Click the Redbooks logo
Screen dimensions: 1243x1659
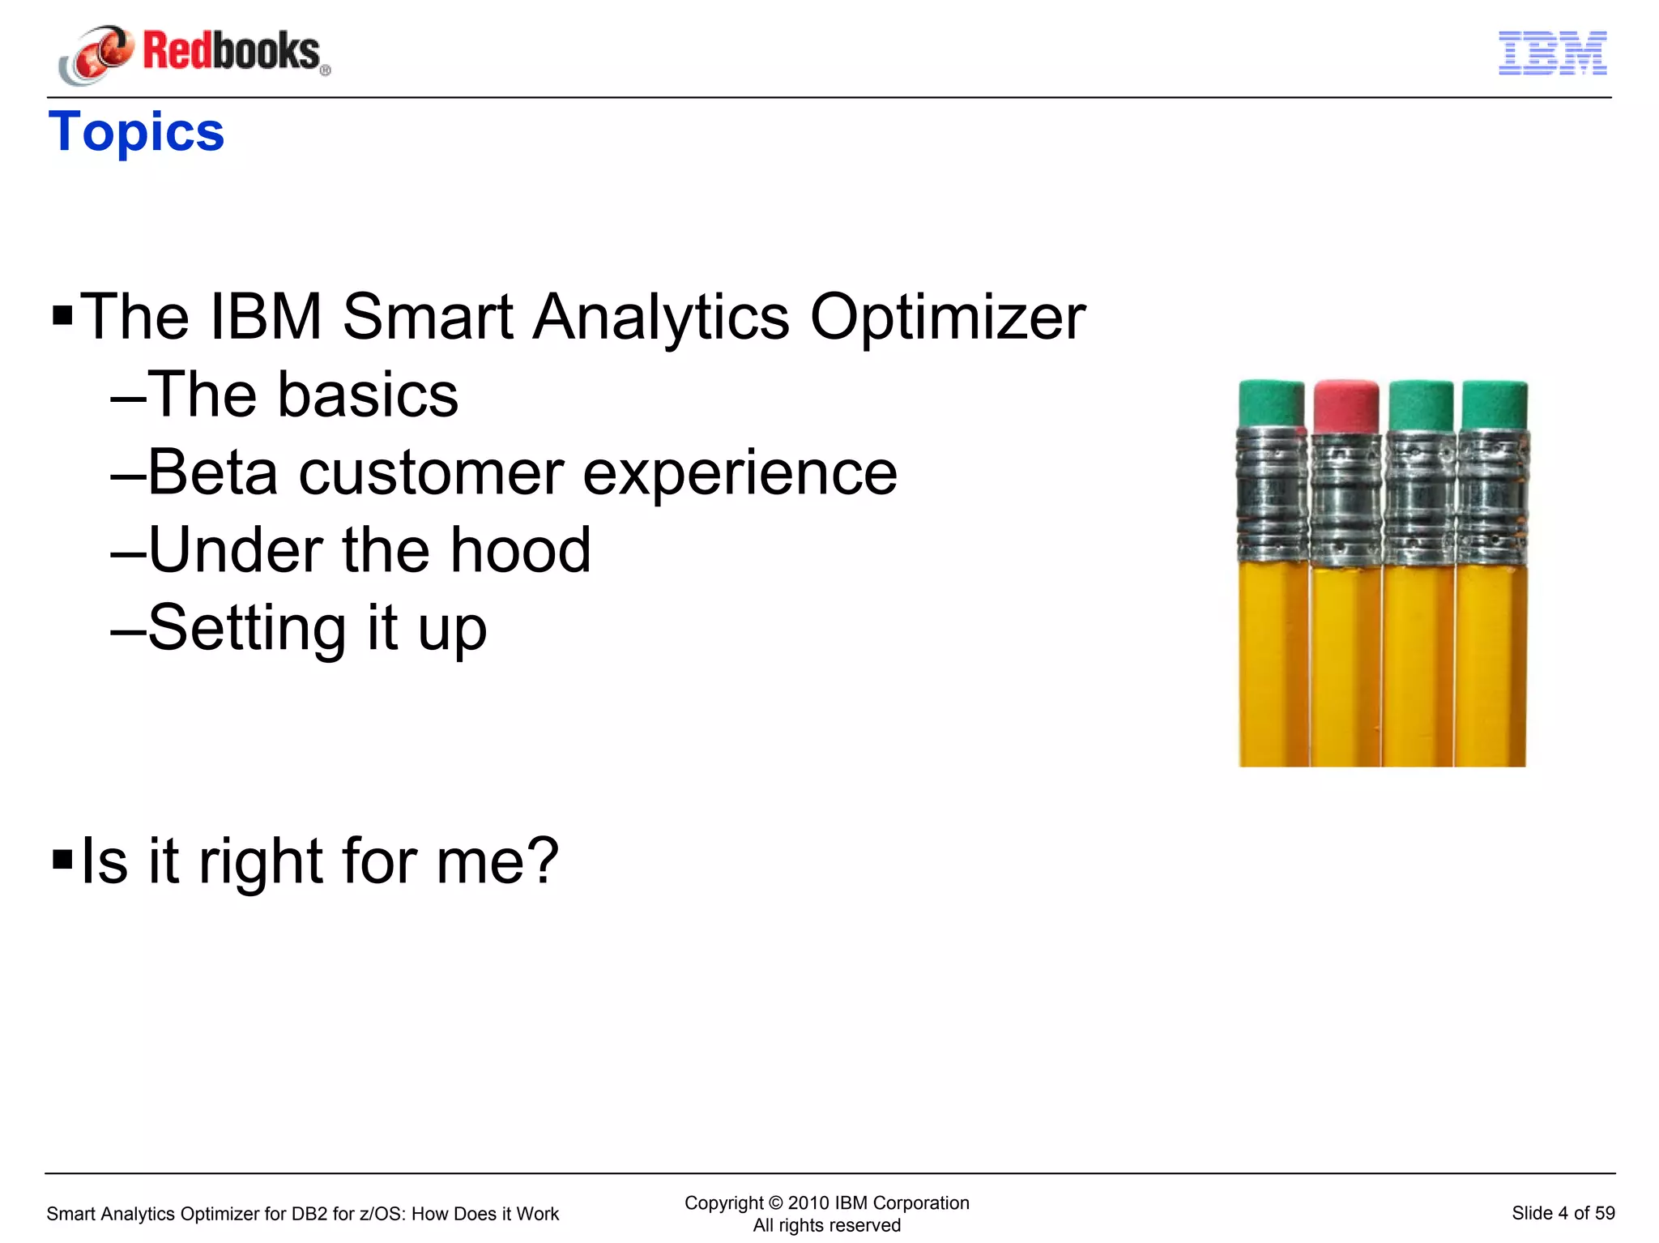tap(194, 53)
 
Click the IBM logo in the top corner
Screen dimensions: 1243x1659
tap(1552, 53)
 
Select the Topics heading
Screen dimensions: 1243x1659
tap(136, 132)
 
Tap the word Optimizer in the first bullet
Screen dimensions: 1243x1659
tap(947, 317)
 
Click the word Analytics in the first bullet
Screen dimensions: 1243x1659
tap(660, 317)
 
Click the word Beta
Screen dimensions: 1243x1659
tap(212, 472)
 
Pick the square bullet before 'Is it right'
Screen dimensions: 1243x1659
tap(62, 858)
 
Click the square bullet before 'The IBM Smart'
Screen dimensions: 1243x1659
tap(62, 314)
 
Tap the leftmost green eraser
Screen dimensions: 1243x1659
tap(1271, 403)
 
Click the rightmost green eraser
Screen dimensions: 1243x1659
tap(1495, 404)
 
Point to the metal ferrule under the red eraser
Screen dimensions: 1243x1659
tap(1346, 498)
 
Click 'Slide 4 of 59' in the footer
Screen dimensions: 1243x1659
tap(1563, 1213)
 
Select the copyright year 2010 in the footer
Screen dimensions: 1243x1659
tap(808, 1202)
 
